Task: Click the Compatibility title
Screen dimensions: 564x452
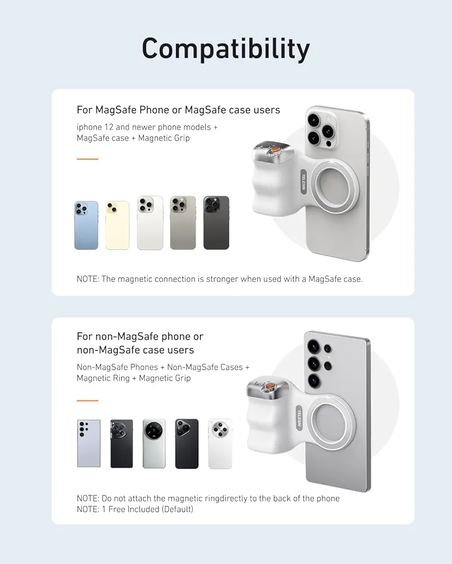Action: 225,50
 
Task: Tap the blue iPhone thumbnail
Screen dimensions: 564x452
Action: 86,225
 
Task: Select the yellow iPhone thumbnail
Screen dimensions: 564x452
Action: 118,225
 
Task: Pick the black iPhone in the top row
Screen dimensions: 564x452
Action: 216,223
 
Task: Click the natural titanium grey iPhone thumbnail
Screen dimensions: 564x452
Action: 183,223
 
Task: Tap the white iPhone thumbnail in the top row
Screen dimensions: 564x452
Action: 150,223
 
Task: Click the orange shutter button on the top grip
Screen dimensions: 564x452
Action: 272,151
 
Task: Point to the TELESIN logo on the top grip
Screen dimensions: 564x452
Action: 303,183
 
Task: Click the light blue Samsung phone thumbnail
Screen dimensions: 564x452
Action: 89,443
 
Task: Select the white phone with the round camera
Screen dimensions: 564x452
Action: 220,443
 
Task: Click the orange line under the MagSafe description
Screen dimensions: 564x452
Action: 88,159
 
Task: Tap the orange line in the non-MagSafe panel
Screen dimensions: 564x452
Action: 88,400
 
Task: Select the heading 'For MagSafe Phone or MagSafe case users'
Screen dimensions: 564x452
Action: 178,109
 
